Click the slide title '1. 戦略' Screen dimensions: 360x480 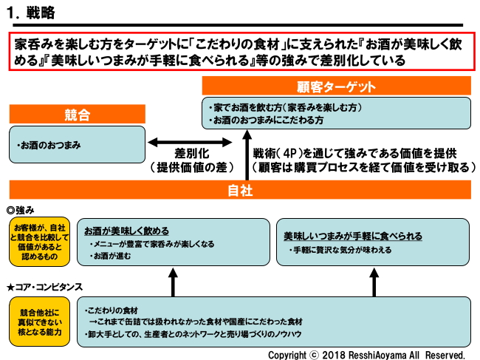(34, 13)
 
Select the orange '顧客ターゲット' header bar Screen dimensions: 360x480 (337, 86)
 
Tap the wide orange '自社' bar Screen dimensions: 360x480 (240, 190)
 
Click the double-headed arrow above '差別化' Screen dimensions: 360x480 (175, 142)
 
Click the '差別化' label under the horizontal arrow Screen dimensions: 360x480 (188, 154)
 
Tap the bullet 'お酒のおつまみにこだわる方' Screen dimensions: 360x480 (267, 120)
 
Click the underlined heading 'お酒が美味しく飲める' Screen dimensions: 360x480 (126, 231)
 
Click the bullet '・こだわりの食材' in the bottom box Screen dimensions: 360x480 (114, 309)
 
